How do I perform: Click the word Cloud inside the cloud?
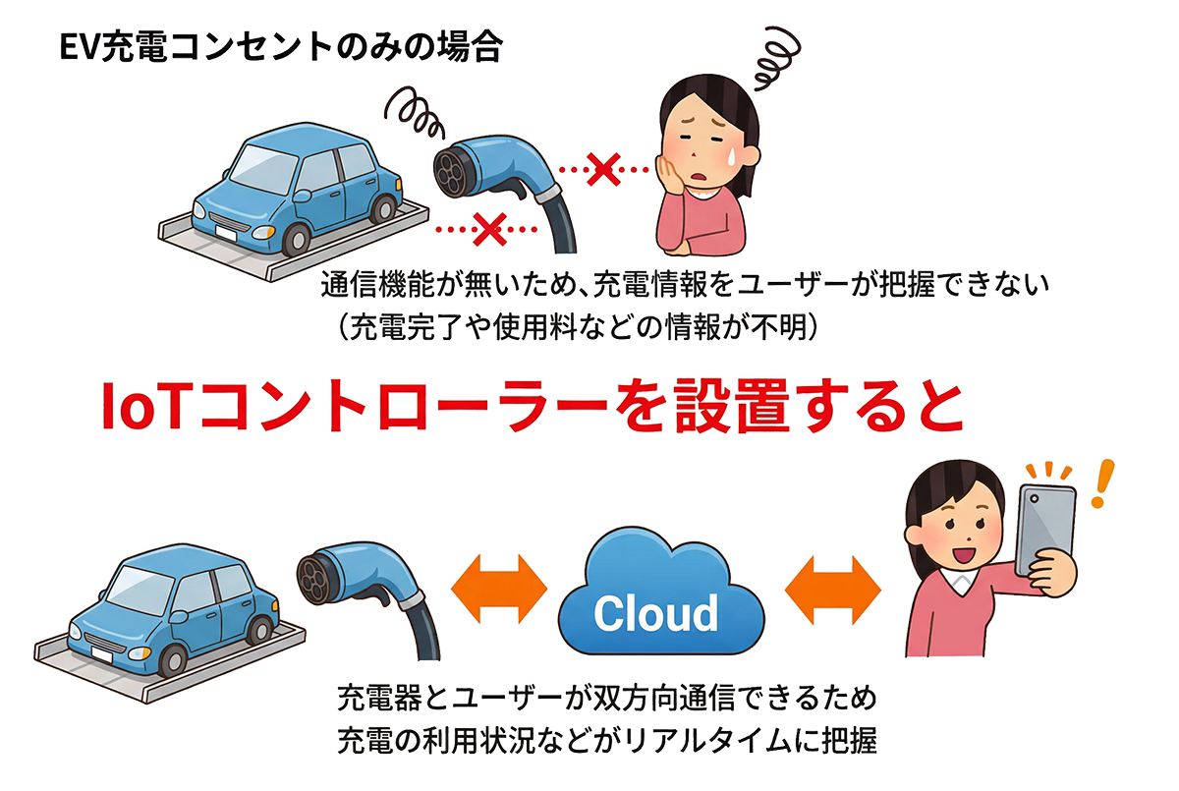click(x=655, y=613)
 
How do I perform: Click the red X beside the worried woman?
click(x=603, y=171)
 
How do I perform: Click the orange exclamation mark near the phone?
click(x=1103, y=483)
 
